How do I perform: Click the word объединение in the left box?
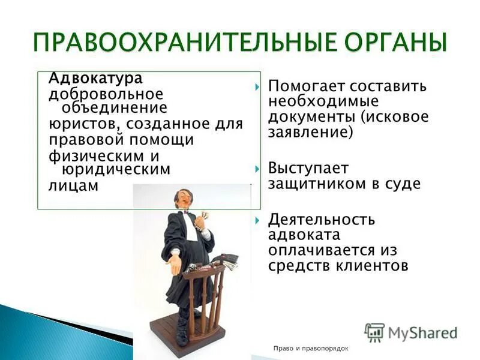(111, 109)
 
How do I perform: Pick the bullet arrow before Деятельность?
(257, 220)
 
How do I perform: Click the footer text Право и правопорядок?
(310, 349)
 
